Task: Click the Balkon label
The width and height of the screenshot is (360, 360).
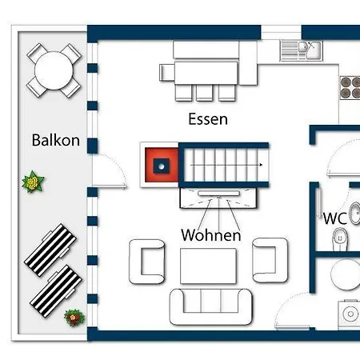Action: [x=55, y=141]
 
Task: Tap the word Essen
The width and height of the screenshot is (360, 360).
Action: [x=208, y=120]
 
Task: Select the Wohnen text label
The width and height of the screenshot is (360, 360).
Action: [x=210, y=236]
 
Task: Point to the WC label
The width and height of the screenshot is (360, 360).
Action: [x=334, y=218]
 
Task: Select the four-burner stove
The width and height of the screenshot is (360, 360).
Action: [x=350, y=86]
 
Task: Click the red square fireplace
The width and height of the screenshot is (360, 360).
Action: [x=160, y=164]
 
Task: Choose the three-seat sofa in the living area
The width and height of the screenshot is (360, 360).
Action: [x=210, y=305]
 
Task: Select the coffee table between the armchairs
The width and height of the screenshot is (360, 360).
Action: [x=210, y=264]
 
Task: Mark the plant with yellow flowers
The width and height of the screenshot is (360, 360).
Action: [x=33, y=183]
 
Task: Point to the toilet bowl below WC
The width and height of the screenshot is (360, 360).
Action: [x=339, y=238]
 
